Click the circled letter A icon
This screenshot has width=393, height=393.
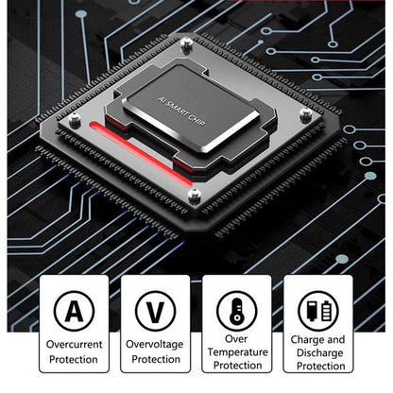(74, 311)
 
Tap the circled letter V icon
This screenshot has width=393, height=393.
(155, 311)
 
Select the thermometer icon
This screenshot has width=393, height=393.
(237, 311)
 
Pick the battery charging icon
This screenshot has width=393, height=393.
(318, 311)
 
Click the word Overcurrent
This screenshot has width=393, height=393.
(74, 344)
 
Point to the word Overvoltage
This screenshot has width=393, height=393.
(155, 344)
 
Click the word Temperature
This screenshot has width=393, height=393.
(238, 352)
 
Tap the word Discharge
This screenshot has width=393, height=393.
(320, 353)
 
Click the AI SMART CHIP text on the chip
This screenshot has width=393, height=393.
(181, 111)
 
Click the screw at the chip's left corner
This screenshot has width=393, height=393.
(75, 120)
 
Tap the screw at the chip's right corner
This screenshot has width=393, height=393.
(305, 113)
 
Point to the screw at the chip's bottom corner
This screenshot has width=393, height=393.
(195, 196)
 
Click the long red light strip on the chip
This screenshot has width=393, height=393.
(141, 154)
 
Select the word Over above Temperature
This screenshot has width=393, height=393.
(236, 339)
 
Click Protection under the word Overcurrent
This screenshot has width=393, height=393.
(74, 359)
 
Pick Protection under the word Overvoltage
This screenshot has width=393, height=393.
(156, 359)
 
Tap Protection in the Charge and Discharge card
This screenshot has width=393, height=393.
(320, 366)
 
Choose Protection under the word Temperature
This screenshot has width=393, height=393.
(238, 366)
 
